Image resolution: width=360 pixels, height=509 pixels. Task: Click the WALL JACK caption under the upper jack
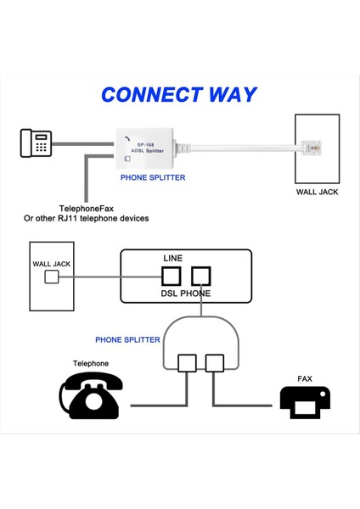(317, 193)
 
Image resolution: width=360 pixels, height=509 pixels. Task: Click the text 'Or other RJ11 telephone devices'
(86, 219)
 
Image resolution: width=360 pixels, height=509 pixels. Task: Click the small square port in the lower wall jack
(52, 277)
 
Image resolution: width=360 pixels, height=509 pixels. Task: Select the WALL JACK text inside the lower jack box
(52, 264)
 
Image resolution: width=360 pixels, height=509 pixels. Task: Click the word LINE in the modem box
(172, 259)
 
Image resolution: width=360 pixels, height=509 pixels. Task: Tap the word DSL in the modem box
(170, 294)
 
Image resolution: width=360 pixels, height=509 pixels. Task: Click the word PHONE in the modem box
(196, 294)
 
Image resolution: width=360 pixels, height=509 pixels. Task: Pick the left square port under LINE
(172, 277)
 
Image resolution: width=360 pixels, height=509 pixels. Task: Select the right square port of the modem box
(200, 277)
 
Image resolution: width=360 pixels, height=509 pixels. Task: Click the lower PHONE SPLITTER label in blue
(127, 339)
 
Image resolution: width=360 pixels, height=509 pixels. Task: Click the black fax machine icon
(305, 401)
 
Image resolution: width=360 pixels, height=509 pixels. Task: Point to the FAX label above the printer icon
(305, 378)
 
